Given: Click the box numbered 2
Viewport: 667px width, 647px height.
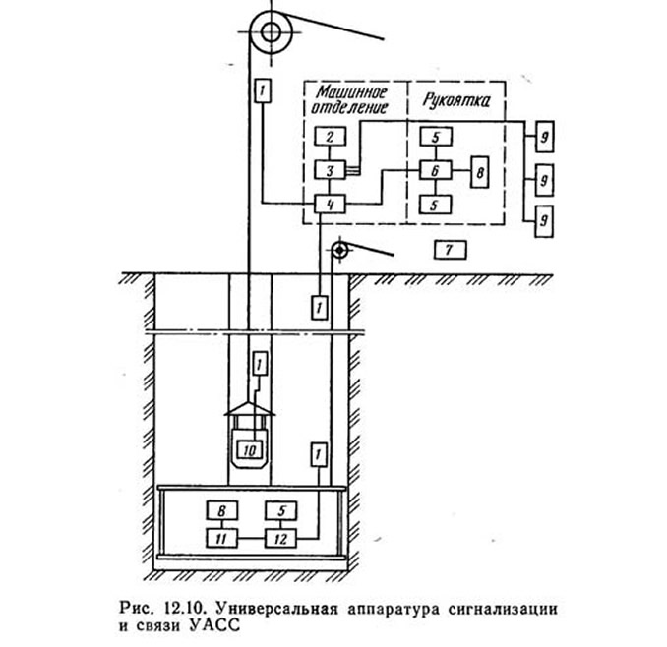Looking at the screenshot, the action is pyautogui.click(x=331, y=137).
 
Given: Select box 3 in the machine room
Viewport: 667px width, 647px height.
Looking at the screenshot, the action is pyautogui.click(x=331, y=170).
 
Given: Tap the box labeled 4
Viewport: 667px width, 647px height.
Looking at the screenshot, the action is pyautogui.click(x=331, y=205).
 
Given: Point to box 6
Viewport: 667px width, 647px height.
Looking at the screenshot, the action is pyautogui.click(x=435, y=170).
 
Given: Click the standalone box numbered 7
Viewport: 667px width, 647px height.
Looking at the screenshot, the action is pyautogui.click(x=450, y=250).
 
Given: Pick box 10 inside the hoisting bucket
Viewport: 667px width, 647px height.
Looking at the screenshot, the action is pyautogui.click(x=250, y=450).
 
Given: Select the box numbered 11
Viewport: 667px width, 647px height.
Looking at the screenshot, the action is pyautogui.click(x=221, y=539).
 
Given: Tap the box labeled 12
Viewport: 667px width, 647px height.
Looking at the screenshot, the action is pyautogui.click(x=280, y=539).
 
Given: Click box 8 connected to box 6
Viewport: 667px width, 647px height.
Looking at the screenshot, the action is pyautogui.click(x=479, y=172).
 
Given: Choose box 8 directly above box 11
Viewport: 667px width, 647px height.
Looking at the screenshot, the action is pyautogui.click(x=221, y=510).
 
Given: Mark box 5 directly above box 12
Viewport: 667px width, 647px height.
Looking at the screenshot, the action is pyautogui.click(x=280, y=510).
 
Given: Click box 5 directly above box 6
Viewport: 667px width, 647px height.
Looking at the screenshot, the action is pyautogui.click(x=436, y=137).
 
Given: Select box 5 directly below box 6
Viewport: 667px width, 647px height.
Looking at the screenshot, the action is pyautogui.click(x=435, y=205).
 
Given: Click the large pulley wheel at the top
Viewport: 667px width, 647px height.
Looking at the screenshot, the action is pyautogui.click(x=271, y=32).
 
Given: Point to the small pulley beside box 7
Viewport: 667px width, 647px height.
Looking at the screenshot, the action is pyautogui.click(x=339, y=251).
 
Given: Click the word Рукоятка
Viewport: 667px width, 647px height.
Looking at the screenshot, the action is pyautogui.click(x=456, y=100).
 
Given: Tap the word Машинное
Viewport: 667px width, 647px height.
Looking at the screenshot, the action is pyautogui.click(x=351, y=92).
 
